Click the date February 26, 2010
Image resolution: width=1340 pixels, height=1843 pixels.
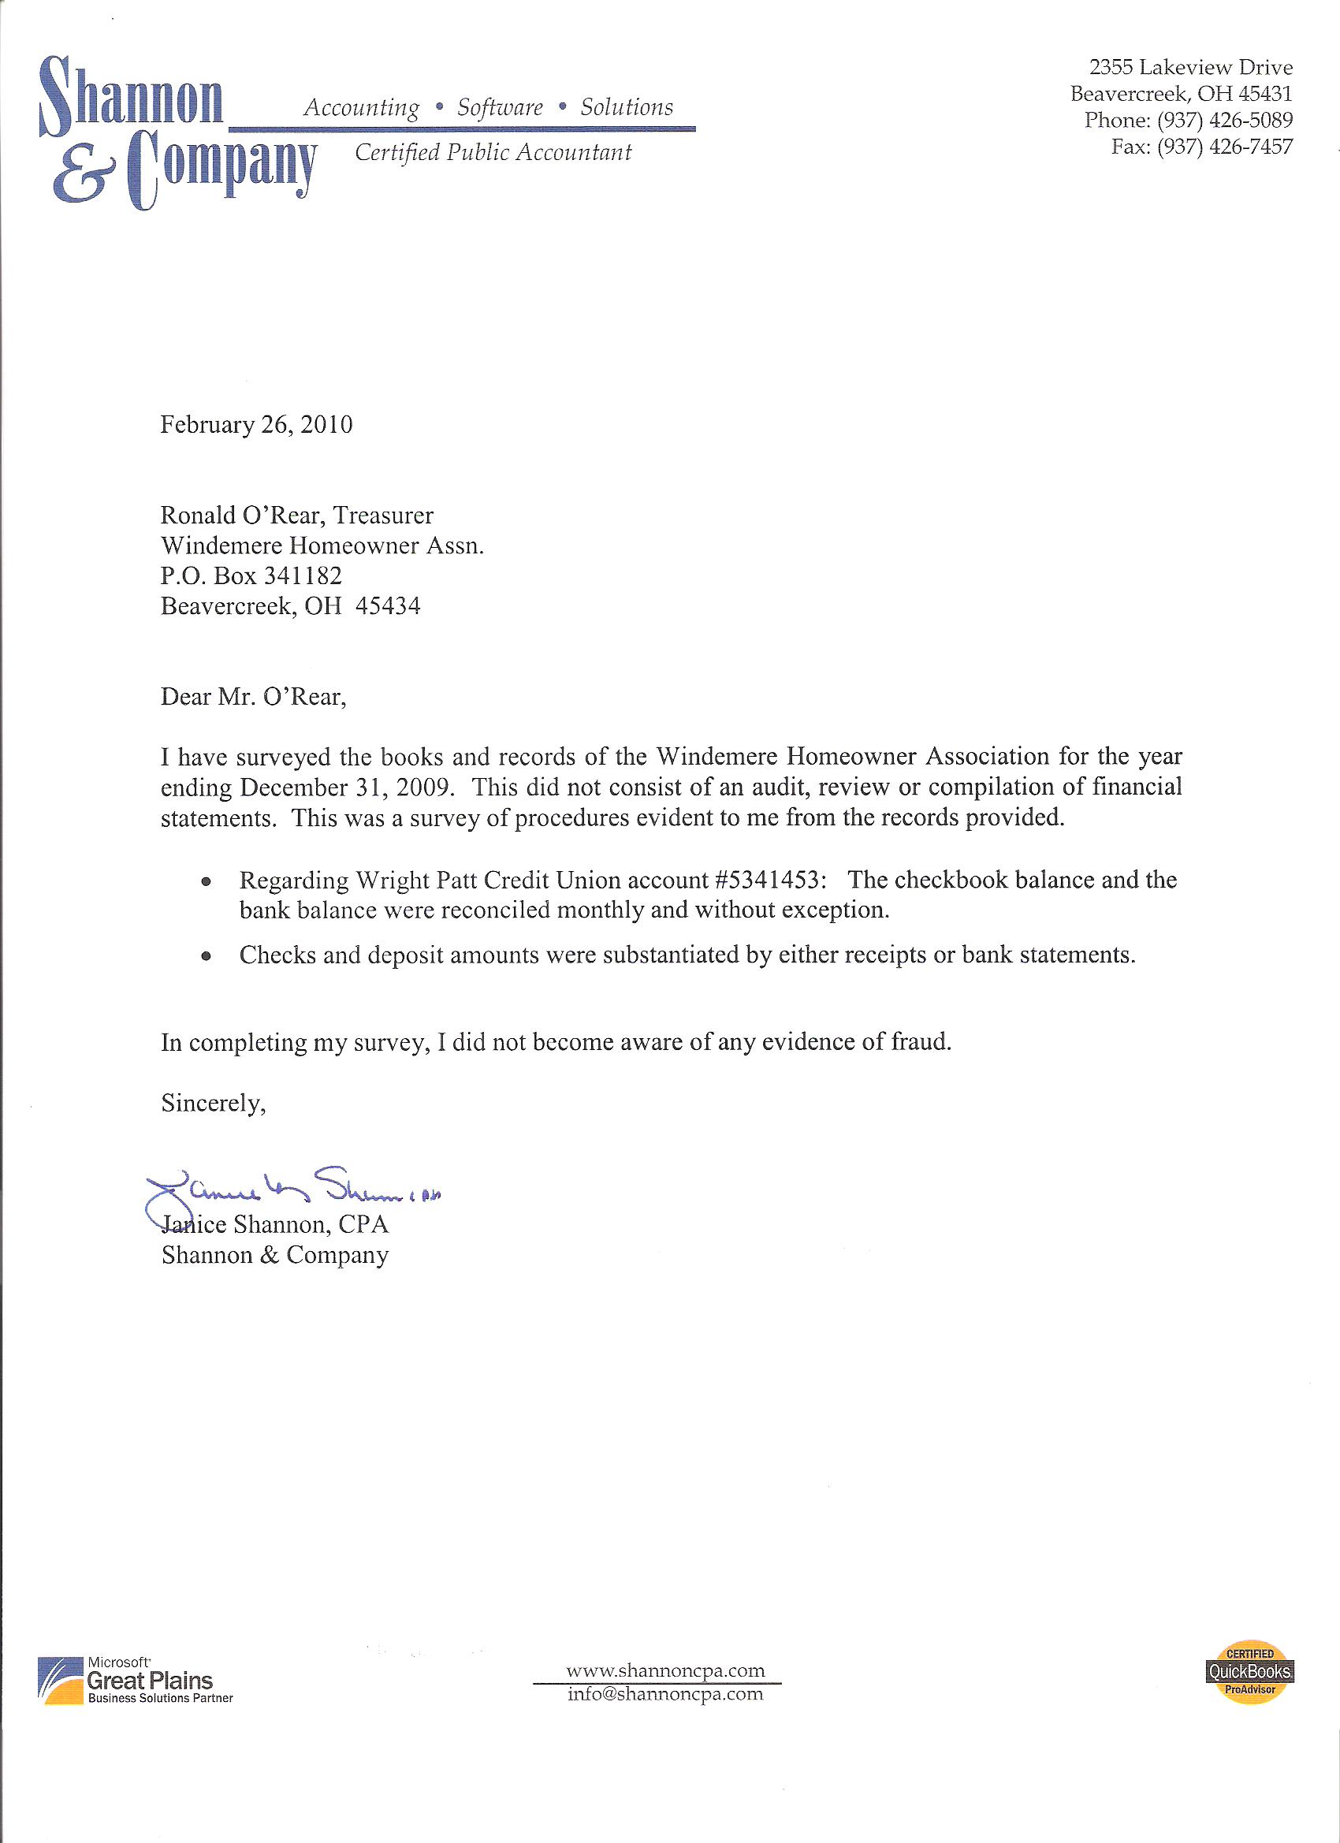[x=256, y=425]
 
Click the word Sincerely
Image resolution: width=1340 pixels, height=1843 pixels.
[x=213, y=1103]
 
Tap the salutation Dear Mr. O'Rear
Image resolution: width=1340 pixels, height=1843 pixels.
[x=254, y=696]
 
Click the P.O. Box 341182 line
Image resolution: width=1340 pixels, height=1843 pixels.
[x=251, y=576]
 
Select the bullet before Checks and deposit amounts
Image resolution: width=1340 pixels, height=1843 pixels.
[x=208, y=956]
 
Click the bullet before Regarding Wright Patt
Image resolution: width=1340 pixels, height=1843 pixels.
[x=208, y=881]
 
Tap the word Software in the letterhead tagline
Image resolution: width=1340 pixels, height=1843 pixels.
[x=500, y=107]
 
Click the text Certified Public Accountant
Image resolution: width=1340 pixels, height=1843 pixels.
[x=493, y=152]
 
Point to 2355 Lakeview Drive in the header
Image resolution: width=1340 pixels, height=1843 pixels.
[x=1190, y=67]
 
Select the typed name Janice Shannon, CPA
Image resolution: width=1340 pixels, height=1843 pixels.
[x=274, y=1225]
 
